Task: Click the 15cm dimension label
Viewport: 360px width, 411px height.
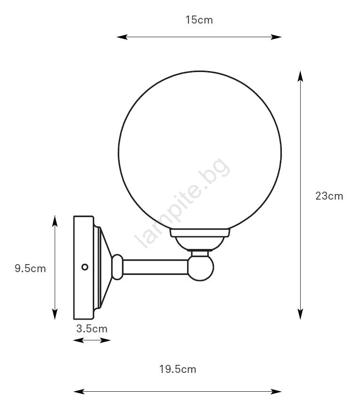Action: [199, 20]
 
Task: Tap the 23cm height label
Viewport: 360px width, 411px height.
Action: [329, 196]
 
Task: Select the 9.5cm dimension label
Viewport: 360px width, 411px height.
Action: [30, 268]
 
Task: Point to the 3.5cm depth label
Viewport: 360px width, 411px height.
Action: [92, 329]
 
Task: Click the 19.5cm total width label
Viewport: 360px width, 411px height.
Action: [178, 369]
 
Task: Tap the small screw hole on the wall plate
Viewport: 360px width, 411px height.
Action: [85, 267]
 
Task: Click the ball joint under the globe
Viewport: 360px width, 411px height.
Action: [201, 267]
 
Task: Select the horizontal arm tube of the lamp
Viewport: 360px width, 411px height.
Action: [155, 267]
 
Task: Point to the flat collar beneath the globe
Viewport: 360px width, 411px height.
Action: [200, 233]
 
